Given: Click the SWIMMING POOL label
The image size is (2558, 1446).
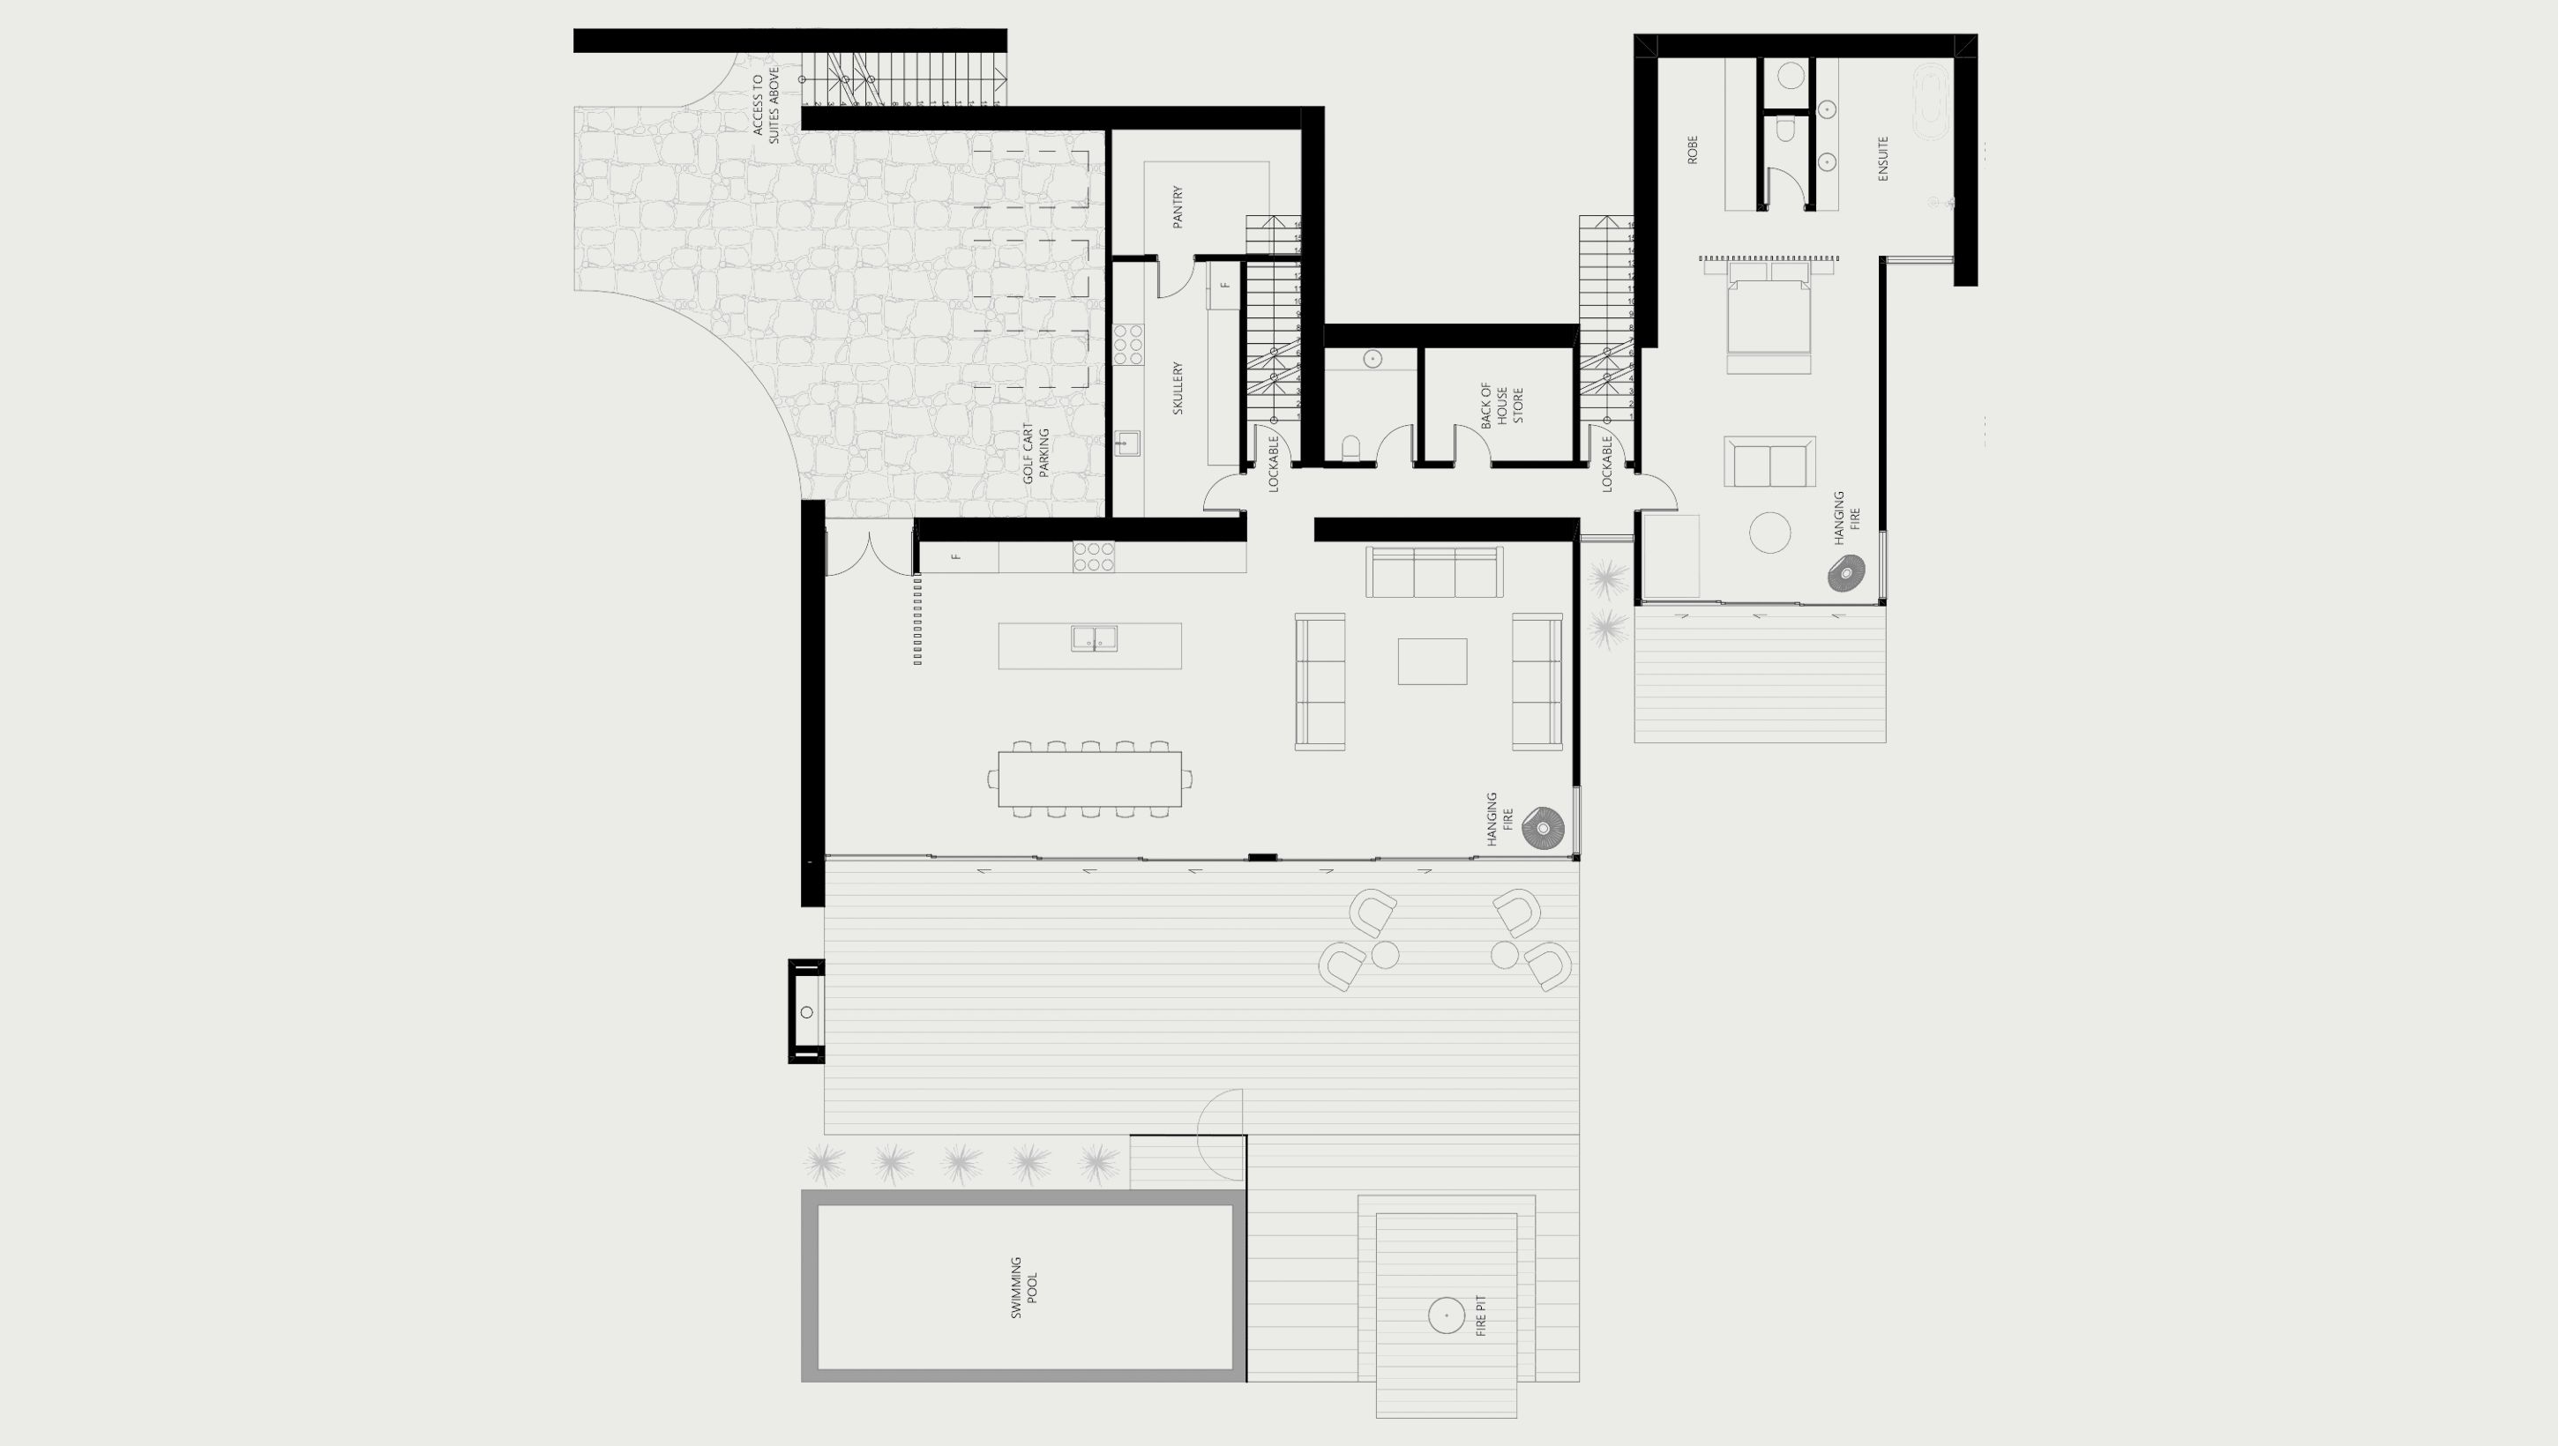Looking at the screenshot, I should click(1023, 1287).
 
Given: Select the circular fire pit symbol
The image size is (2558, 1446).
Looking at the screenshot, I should click(1447, 1316).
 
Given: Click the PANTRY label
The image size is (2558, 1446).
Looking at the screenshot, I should click(1178, 206).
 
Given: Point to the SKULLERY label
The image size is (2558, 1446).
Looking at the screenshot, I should click(1178, 388).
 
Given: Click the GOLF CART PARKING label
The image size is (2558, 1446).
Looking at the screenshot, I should click(1036, 454).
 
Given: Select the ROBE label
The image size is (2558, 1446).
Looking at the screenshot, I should click(1693, 150).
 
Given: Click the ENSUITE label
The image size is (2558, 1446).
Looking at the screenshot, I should click(1882, 159).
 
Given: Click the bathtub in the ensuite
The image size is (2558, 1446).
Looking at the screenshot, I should click(1931, 105).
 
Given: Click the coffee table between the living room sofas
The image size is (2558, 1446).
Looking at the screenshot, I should click(1432, 661).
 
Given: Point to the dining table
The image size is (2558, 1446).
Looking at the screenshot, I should click(1089, 779).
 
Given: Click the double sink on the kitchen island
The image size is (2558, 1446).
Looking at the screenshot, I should click(1094, 637).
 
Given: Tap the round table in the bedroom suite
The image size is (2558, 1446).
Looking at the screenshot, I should click(1769, 532).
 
